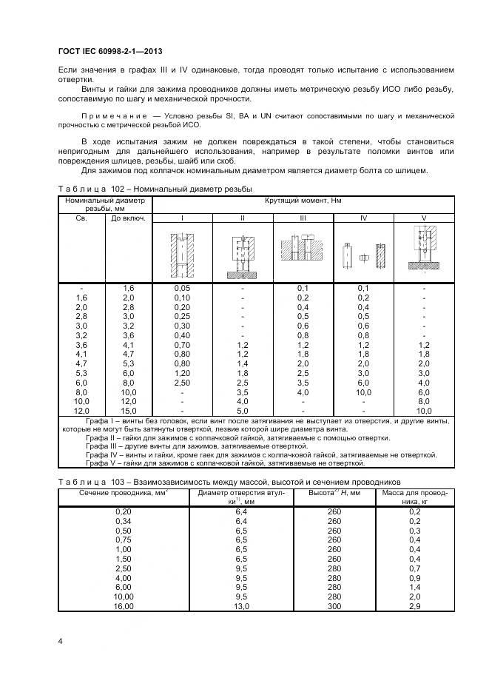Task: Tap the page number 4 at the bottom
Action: coord(60,640)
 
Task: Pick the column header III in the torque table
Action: coord(303,218)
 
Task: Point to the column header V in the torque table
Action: coord(424,218)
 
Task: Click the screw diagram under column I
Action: coord(181,254)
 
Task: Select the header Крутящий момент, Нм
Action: coord(303,200)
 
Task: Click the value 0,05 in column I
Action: coord(181,288)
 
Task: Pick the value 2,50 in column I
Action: coord(181,383)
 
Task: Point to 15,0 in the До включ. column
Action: coord(128,411)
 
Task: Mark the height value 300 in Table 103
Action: coord(334,606)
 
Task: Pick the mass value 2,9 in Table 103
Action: coord(435,606)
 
